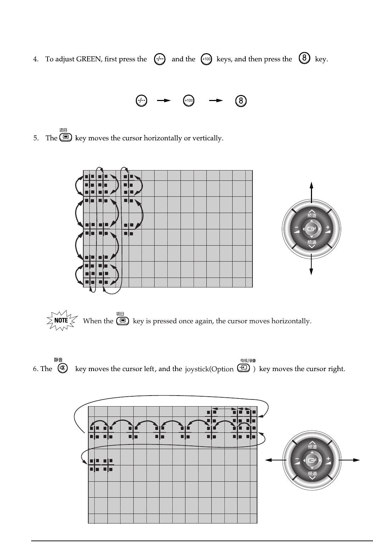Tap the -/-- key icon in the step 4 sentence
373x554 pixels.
click(x=160, y=59)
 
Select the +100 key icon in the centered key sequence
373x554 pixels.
click(x=189, y=101)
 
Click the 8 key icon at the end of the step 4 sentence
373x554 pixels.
click(x=305, y=58)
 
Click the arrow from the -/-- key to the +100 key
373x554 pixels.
click(x=164, y=101)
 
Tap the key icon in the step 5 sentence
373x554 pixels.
click(x=66, y=137)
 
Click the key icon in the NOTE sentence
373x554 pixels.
click(x=123, y=320)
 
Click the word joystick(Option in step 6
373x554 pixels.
click(x=209, y=369)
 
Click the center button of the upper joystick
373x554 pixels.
click(x=311, y=229)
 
